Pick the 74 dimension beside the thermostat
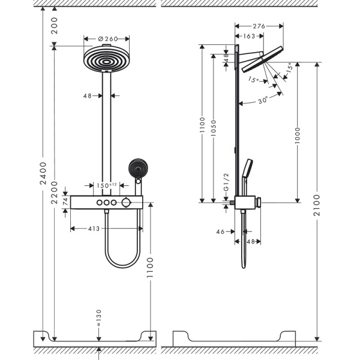(65, 202)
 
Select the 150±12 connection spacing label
(107, 186)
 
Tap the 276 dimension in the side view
(259, 26)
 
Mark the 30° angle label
(263, 101)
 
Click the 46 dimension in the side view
(220, 230)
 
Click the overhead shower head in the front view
(107, 59)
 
